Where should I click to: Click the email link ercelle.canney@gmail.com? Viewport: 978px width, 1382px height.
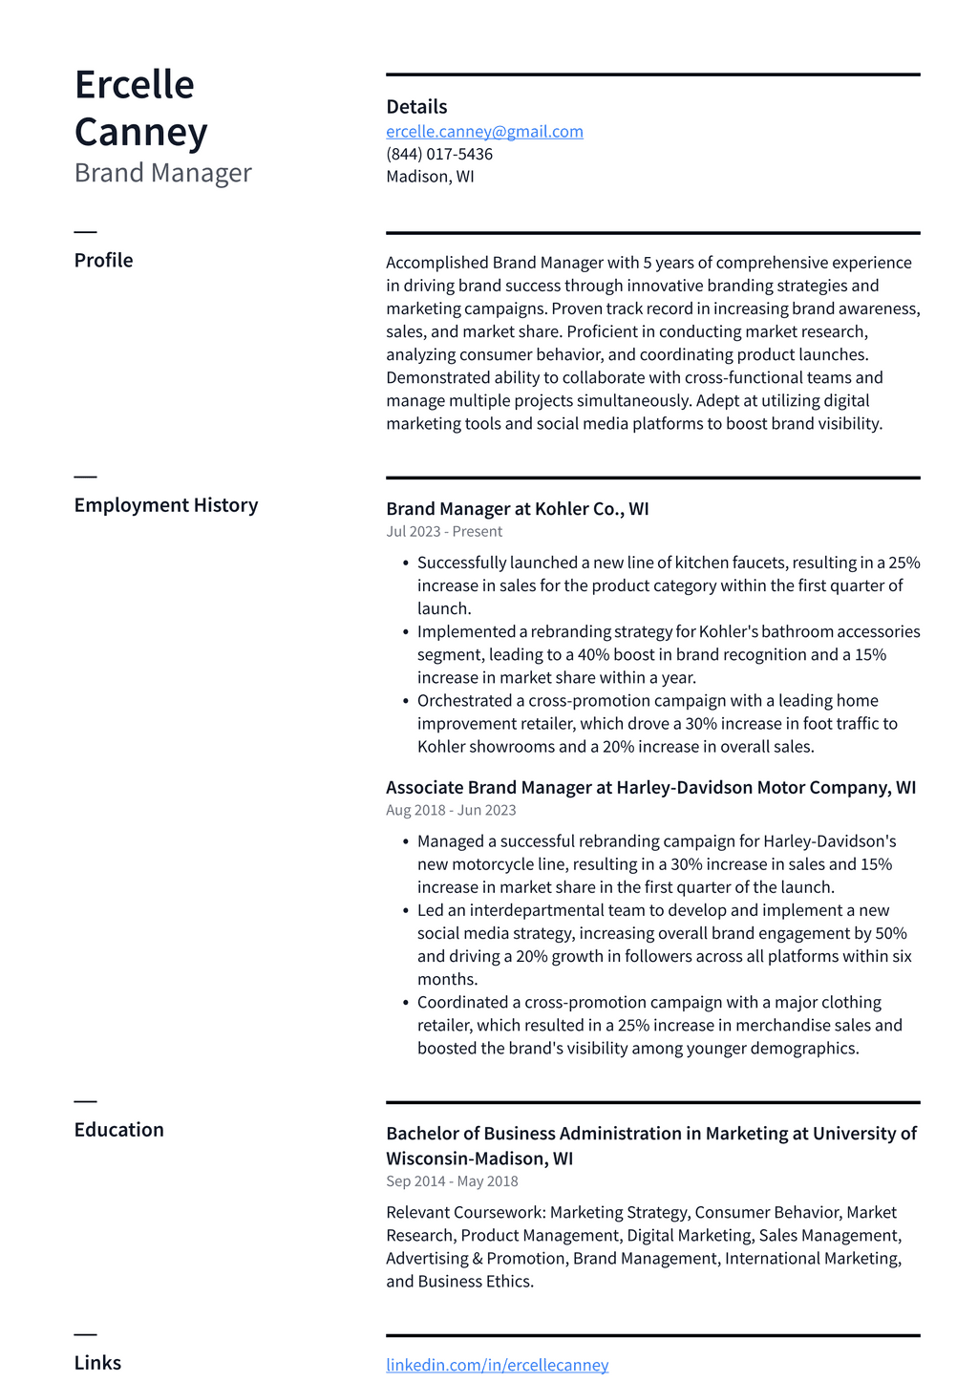484,132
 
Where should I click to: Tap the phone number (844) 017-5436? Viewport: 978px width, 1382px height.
439,154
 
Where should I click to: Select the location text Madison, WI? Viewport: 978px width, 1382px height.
430,177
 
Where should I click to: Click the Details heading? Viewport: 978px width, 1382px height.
416,107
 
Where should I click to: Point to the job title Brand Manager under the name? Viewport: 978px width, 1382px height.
162,173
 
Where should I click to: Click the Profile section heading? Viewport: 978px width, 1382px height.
103,261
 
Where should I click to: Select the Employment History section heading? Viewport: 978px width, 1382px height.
166,505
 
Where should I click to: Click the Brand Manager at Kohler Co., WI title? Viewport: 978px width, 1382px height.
517,509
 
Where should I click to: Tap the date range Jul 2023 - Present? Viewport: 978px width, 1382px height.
444,532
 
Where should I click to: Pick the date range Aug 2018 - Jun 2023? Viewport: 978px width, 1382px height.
451,811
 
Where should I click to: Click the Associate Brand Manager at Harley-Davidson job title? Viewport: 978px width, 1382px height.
650,788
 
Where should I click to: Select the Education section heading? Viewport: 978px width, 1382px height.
118,1130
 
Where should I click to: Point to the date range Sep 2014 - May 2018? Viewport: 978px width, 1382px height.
452,1181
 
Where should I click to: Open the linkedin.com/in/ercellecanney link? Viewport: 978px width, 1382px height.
497,1366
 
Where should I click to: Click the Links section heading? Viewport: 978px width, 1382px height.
97,1363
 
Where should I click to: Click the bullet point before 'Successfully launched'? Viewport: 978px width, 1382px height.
406,563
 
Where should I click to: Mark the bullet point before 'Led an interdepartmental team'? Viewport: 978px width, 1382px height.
406,911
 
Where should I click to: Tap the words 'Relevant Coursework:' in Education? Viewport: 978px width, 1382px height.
466,1213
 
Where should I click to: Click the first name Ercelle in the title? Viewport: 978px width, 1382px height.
135,85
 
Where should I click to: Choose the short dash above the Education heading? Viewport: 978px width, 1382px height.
85,1101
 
